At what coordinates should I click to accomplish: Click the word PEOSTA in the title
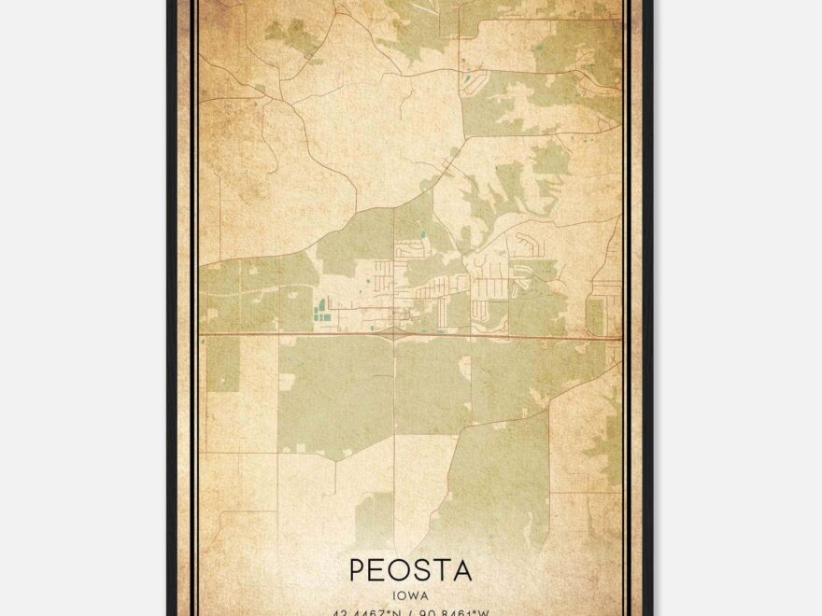[411, 568]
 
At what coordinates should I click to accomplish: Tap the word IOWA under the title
[411, 592]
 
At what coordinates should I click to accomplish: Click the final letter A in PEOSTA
[462, 568]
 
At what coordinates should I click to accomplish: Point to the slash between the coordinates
[412, 611]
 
